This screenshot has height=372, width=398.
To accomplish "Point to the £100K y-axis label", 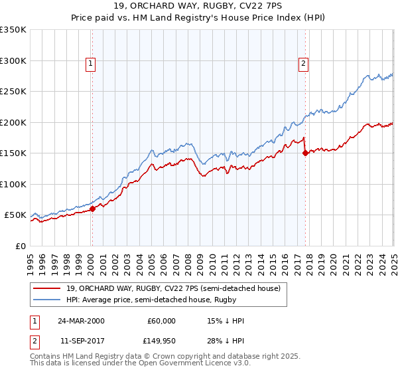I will click(13, 184).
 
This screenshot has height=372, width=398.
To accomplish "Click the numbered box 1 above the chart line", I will click(90, 64).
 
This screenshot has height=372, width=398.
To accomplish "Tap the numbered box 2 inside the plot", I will click(303, 64).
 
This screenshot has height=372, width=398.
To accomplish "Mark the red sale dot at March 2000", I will click(93, 209).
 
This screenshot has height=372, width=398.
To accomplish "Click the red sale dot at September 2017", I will click(305, 153).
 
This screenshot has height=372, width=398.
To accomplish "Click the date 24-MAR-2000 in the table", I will click(82, 321).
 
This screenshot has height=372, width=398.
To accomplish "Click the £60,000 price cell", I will click(161, 321).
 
